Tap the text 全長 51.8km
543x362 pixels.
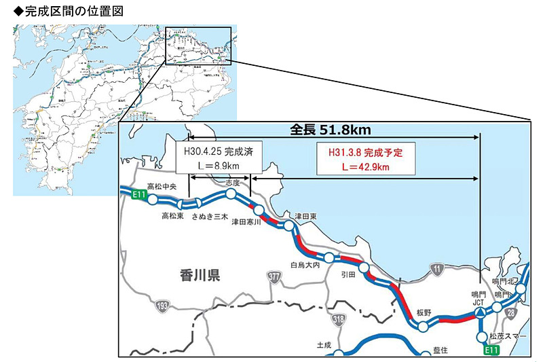[x=329, y=130]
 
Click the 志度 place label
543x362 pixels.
[x=233, y=182]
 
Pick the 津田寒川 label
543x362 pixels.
[x=247, y=222]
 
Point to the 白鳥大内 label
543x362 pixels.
[x=305, y=265]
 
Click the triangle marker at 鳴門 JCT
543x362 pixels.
[x=479, y=312]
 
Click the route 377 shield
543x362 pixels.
[x=274, y=276]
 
